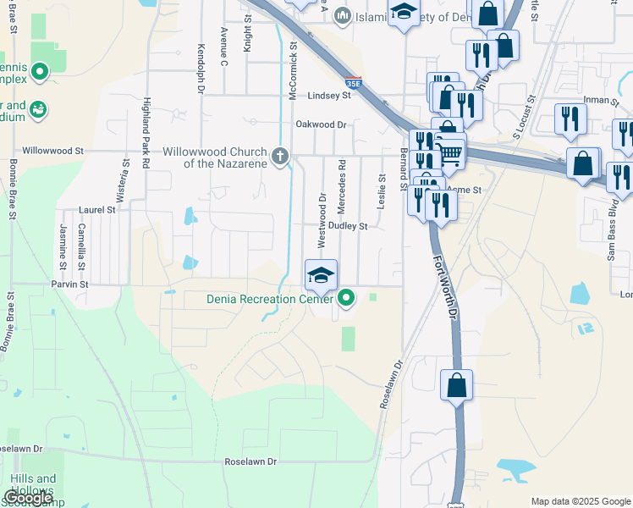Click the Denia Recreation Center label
[271, 298]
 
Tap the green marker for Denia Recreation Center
[346, 297]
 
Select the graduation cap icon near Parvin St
[321, 275]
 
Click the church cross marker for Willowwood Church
[280, 156]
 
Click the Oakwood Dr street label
[322, 124]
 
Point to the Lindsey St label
[328, 97]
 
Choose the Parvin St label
[69, 284]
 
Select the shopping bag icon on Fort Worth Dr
[456, 384]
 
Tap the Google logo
[28, 498]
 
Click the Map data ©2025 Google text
[581, 501]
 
